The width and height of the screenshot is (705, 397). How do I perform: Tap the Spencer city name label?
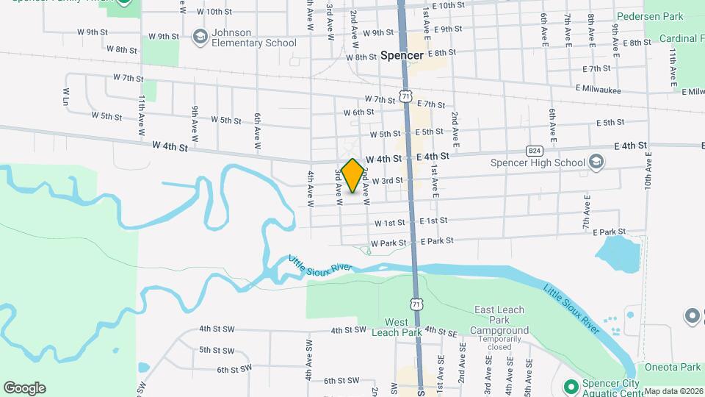pos(402,56)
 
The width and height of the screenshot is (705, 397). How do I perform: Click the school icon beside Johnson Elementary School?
pos(199,37)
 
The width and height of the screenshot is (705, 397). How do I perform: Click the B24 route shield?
pos(535,150)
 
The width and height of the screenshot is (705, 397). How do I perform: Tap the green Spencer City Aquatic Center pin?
pos(570,386)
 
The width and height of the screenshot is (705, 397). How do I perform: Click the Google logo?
pos(24,388)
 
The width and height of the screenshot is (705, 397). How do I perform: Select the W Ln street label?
pos(66,96)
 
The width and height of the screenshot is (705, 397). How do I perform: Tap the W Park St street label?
pos(388,243)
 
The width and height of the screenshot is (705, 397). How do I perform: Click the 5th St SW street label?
pos(217,351)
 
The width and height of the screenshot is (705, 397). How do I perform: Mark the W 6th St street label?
pos(359,112)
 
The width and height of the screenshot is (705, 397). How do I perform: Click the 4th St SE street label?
pos(441,331)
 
